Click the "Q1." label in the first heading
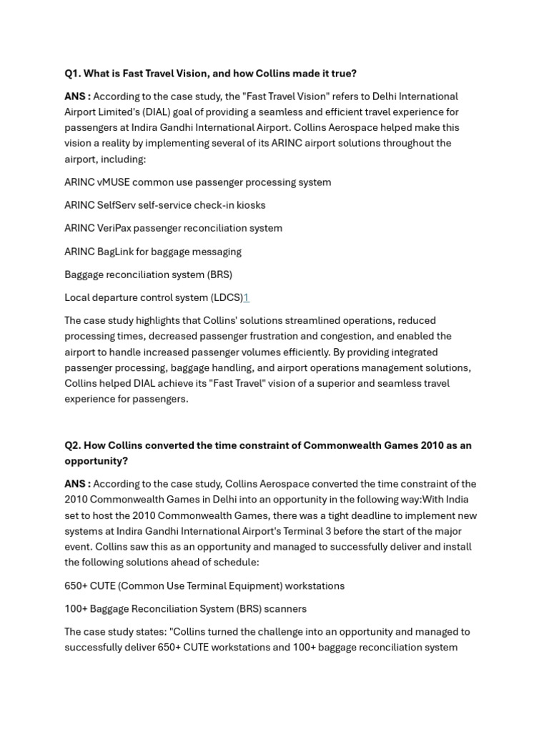click(x=73, y=74)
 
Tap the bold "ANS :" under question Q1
click(x=77, y=97)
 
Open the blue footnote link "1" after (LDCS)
click(x=247, y=297)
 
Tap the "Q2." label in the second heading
click(x=73, y=445)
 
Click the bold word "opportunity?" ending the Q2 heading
click(x=97, y=461)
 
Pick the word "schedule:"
click(x=237, y=563)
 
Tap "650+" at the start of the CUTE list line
click(x=76, y=586)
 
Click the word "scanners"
click(x=285, y=609)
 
